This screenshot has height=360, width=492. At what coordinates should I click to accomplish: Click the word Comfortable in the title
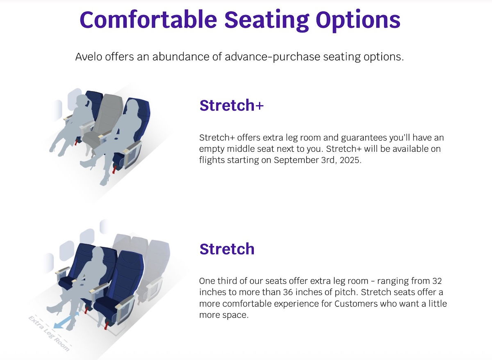point(148,19)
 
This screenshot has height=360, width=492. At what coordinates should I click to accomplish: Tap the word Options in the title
point(358,21)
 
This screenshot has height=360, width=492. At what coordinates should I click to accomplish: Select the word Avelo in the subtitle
point(89,57)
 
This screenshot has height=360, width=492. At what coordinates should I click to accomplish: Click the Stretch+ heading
point(232,105)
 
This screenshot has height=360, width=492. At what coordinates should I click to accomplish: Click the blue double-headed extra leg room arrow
point(66,321)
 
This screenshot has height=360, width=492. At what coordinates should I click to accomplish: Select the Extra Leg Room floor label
point(49,333)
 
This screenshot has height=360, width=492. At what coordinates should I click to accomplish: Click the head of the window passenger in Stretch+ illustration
point(82,101)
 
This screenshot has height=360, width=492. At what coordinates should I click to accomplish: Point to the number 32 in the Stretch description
point(437,281)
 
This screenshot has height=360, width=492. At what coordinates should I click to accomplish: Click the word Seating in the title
point(266,21)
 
